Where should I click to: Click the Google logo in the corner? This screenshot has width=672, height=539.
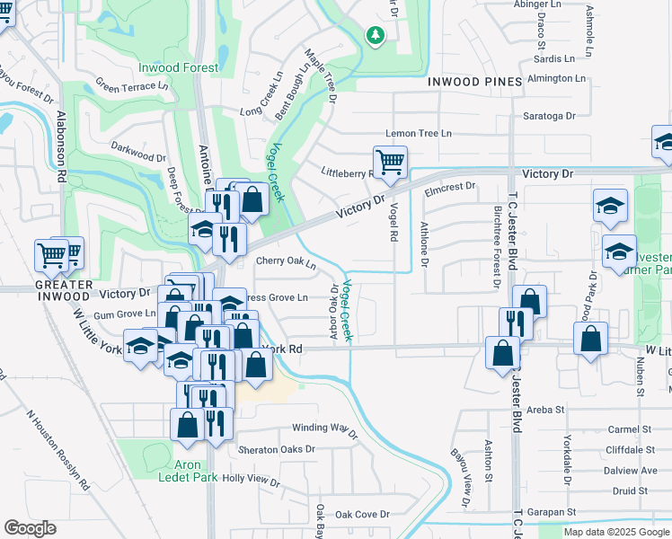tap(30, 528)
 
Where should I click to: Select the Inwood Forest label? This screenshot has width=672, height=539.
tap(178, 68)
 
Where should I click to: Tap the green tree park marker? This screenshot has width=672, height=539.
tap(375, 35)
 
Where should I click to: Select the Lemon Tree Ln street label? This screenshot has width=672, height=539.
tap(418, 133)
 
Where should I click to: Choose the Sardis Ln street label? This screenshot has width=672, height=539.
tap(553, 58)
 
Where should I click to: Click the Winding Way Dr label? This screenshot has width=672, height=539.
tap(324, 429)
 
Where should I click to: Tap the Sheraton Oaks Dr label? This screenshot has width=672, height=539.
tap(277, 448)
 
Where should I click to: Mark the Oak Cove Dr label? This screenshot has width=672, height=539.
tap(362, 515)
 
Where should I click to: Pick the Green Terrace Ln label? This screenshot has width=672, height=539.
tap(132, 87)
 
